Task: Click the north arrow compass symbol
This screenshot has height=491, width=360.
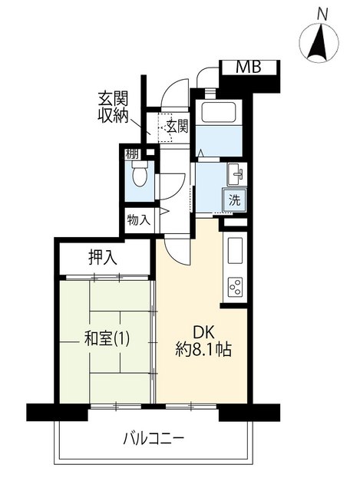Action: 319,43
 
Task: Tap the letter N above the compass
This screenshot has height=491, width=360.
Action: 322,14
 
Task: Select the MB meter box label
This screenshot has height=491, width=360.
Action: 248,67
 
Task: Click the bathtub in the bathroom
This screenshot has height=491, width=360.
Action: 218,112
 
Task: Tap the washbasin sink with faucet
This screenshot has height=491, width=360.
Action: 235,174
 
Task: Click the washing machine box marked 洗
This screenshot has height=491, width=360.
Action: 234,200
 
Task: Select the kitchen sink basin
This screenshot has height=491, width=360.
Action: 235,251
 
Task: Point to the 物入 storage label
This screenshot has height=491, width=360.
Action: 139,220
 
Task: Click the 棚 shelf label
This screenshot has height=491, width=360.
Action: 131,154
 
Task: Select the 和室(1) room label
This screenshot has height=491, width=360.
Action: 107,339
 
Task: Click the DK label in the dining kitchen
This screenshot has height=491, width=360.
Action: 203,332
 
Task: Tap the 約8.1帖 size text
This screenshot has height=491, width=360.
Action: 203,350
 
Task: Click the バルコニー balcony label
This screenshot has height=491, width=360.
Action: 154,439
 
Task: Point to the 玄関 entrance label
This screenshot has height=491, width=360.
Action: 177,127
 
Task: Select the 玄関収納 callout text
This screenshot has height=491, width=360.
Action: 113,107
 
